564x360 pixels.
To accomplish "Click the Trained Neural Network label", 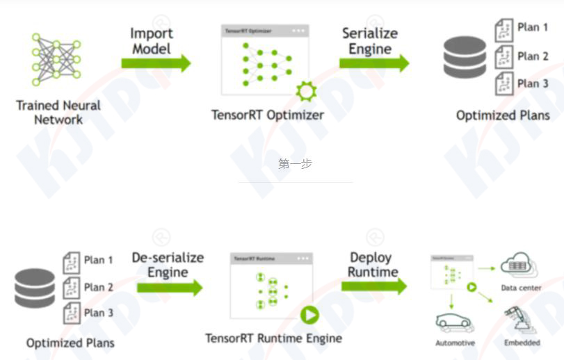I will [x=58, y=113].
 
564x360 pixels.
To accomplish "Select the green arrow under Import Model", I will [x=155, y=63].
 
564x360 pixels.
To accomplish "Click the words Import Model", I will [x=151, y=41].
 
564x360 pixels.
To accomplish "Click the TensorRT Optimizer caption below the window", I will [x=268, y=115].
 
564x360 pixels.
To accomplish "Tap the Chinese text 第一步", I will [x=295, y=164].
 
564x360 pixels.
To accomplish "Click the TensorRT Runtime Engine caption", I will [x=273, y=338].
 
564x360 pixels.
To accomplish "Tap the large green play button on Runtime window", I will [x=309, y=316].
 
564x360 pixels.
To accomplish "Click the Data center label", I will [x=521, y=288].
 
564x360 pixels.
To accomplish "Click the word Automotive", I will [x=455, y=343].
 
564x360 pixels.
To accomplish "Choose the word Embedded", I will [x=522, y=343].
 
